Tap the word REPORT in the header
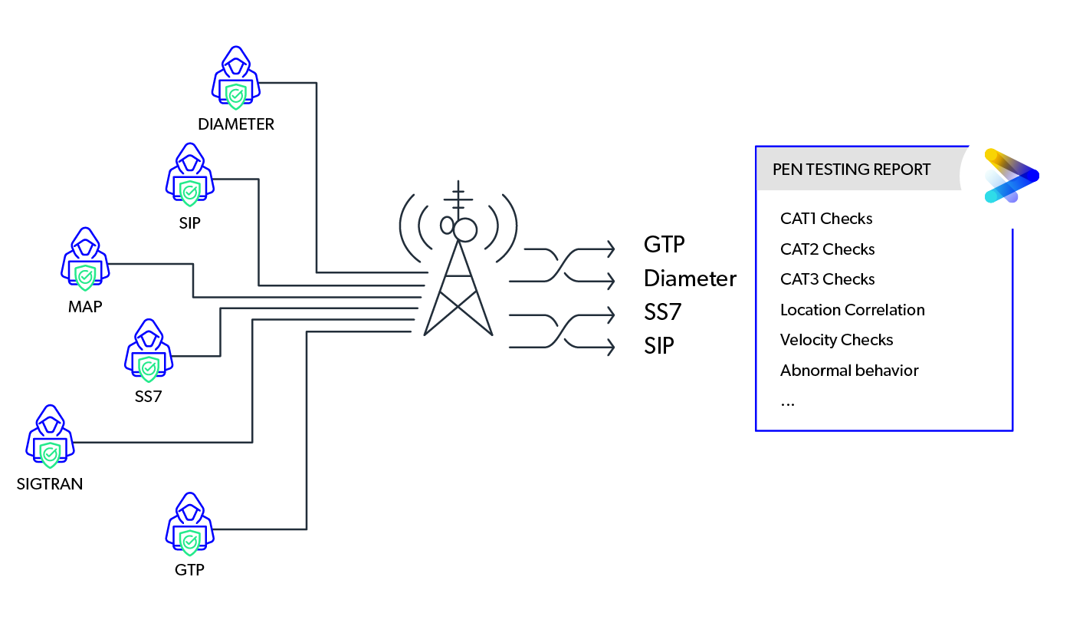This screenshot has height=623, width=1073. pyautogui.click(x=904, y=170)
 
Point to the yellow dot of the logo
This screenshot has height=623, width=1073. pyautogui.click(x=991, y=155)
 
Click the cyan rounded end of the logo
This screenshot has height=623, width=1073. pyautogui.click(x=991, y=197)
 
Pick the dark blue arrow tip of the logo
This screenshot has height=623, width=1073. pyautogui.click(x=1032, y=176)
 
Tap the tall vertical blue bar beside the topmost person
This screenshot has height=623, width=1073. pyautogui.click(x=294, y=184)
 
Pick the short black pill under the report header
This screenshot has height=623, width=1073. pyautogui.click(x=826, y=219)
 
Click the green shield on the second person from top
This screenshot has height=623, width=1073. pyautogui.click(x=192, y=190)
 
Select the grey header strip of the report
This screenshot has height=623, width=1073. pyautogui.click(x=858, y=170)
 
